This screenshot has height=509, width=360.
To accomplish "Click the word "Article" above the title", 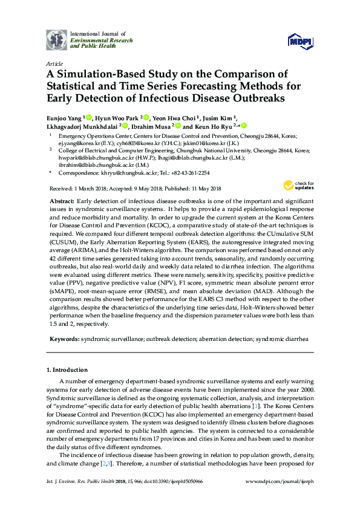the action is tap(54, 63).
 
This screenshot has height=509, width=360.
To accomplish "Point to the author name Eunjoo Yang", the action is tap(64, 118).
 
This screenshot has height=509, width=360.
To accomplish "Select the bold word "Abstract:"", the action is tap(62, 200).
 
